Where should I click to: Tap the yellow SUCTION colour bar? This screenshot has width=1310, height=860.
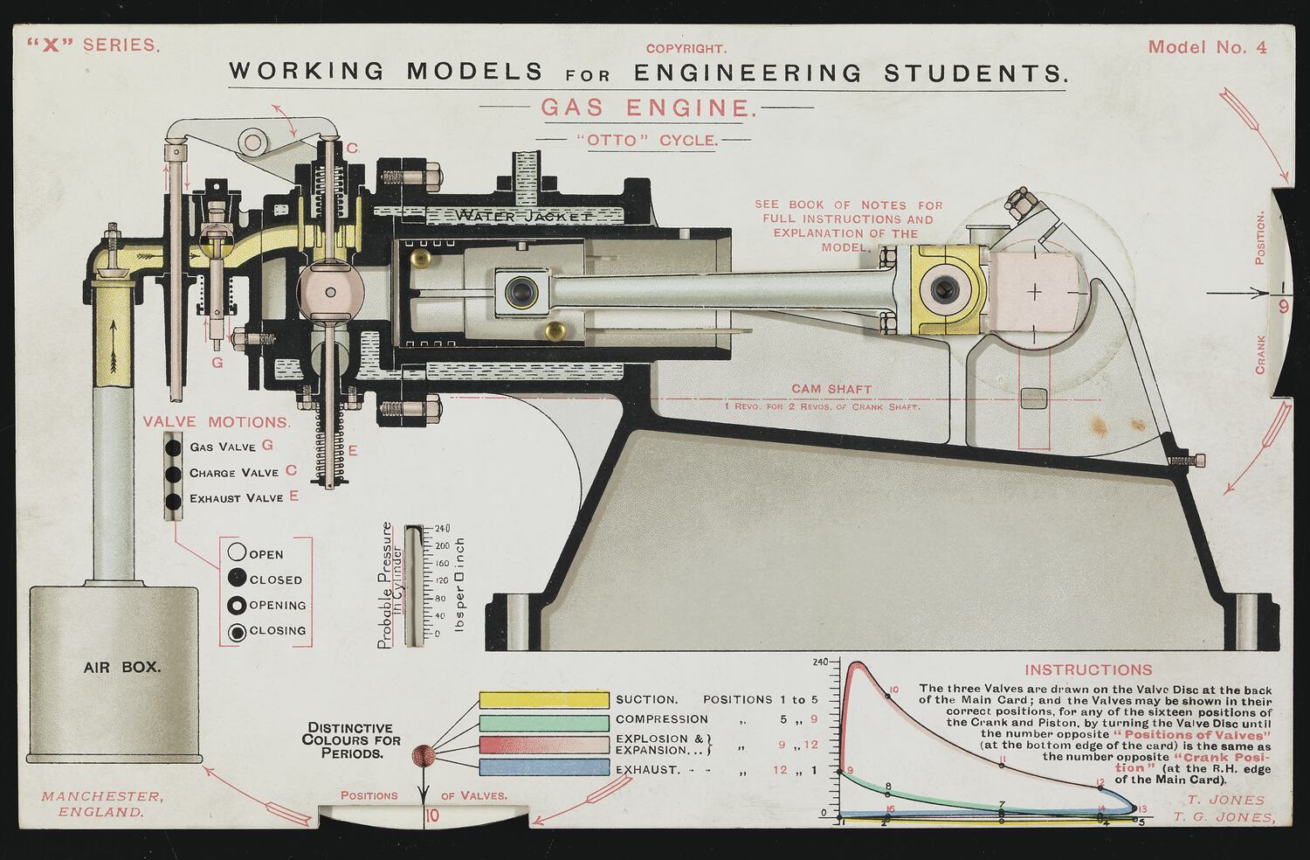pyautogui.click(x=543, y=700)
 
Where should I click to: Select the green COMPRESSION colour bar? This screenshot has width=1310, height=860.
pyautogui.click(x=543, y=723)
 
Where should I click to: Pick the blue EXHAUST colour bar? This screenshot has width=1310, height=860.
pyautogui.click(x=543, y=767)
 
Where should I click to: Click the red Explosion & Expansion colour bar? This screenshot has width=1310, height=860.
pyautogui.click(x=543, y=745)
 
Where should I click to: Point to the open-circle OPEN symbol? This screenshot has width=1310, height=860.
pyautogui.click(x=236, y=553)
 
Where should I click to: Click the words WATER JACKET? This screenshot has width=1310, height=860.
pyautogui.click(x=524, y=215)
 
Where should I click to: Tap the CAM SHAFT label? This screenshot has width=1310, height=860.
pyautogui.click(x=831, y=389)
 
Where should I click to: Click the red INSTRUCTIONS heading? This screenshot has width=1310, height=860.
pyautogui.click(x=1088, y=670)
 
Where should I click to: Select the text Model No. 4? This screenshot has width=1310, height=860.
pyautogui.click(x=1207, y=47)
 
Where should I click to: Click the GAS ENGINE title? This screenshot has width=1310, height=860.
pyautogui.click(x=646, y=107)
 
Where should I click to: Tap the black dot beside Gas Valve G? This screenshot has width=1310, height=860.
pyautogui.click(x=174, y=447)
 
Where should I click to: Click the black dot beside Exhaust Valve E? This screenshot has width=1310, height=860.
pyautogui.click(x=174, y=501)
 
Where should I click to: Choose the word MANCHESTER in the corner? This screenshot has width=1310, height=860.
pyautogui.click(x=101, y=796)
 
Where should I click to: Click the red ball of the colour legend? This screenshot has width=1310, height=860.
pyautogui.click(x=423, y=755)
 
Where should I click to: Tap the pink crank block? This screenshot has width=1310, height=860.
pyautogui.click(x=1034, y=292)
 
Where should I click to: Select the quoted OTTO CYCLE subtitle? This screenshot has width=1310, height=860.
pyautogui.click(x=645, y=140)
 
